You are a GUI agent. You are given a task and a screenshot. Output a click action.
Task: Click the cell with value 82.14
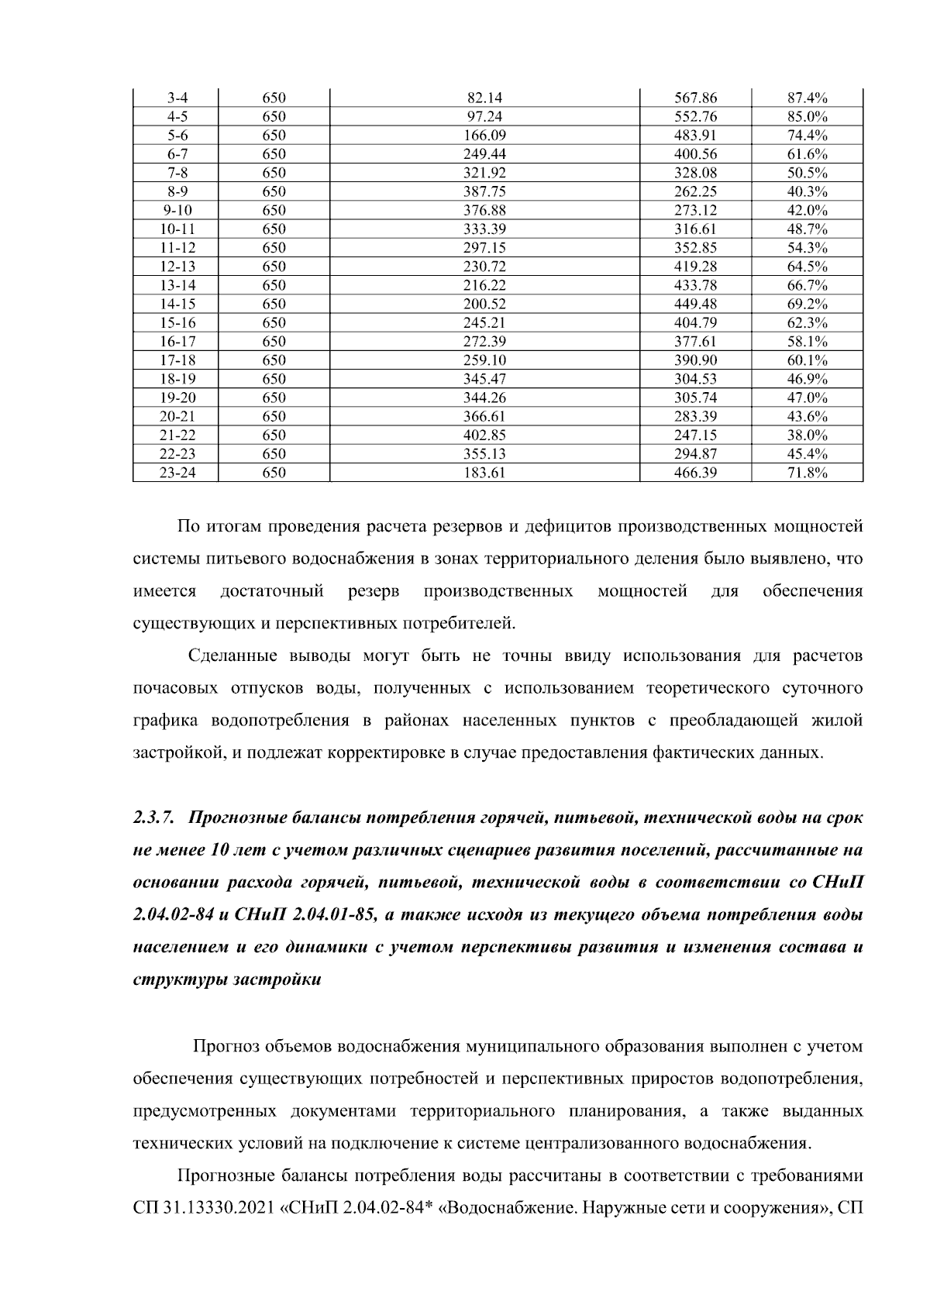pyautogui.click(x=484, y=98)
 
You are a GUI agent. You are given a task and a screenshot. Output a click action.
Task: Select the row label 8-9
pyautogui.click(x=177, y=192)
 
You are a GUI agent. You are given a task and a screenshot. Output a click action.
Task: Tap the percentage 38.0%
pyautogui.click(x=808, y=435)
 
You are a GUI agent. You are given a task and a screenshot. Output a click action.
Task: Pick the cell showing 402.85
pyautogui.click(x=484, y=435)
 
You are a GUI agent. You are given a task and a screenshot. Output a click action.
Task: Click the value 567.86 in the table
pyautogui.click(x=696, y=98)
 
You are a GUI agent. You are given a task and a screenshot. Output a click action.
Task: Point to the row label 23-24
pyautogui.click(x=177, y=473)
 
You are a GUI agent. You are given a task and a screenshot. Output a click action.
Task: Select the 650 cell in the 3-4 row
pyautogui.click(x=274, y=98)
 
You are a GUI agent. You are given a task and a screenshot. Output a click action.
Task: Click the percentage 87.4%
pyautogui.click(x=808, y=98)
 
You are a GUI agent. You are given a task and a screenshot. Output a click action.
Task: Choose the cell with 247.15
pyautogui.click(x=696, y=435)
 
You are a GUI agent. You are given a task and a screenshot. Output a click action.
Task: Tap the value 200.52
pyautogui.click(x=484, y=305)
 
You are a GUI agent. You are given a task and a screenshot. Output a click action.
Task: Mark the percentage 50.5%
pyautogui.click(x=808, y=174)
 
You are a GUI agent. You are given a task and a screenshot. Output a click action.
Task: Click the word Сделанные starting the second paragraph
pyautogui.click(x=233, y=657)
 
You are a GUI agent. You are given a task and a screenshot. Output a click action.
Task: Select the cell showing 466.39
pyautogui.click(x=696, y=473)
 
